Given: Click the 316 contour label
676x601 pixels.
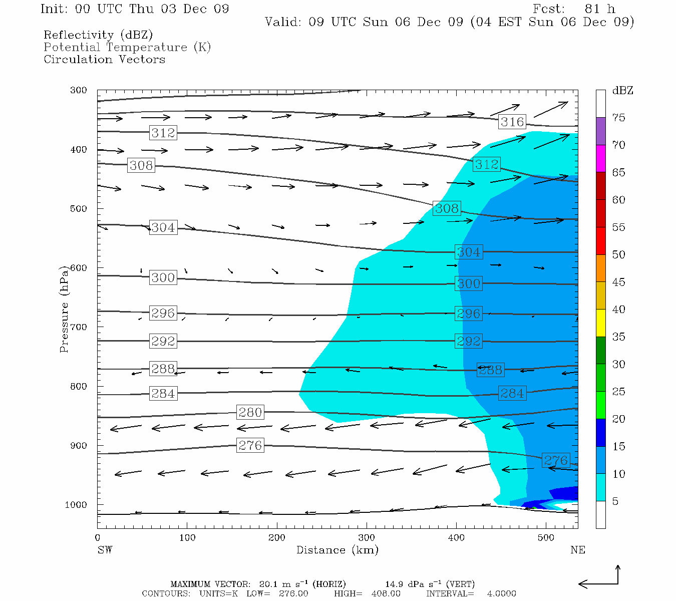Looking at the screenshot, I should (512, 122).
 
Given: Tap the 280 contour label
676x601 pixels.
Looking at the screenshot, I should (250, 412).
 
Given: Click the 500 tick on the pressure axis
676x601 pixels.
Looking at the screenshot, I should (78, 208).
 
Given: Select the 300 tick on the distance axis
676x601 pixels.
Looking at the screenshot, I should (367, 538).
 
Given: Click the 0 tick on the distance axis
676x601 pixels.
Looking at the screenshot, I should (98, 538).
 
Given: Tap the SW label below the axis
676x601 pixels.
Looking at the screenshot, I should (105, 550).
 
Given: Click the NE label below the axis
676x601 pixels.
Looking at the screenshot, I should (577, 550).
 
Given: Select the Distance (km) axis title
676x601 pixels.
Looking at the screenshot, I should (337, 550).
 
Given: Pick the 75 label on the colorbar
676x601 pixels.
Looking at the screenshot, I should (618, 118).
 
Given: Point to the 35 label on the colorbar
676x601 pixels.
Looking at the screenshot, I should (618, 337).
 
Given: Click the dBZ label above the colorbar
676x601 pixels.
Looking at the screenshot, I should (622, 91).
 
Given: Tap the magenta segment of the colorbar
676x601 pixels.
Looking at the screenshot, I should (600, 158).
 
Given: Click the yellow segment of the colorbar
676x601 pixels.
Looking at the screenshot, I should (600, 323).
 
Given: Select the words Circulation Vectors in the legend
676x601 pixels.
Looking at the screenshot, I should (104, 59).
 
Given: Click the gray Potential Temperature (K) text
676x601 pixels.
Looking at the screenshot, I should (127, 47).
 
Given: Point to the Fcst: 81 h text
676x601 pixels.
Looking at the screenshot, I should (574, 9).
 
